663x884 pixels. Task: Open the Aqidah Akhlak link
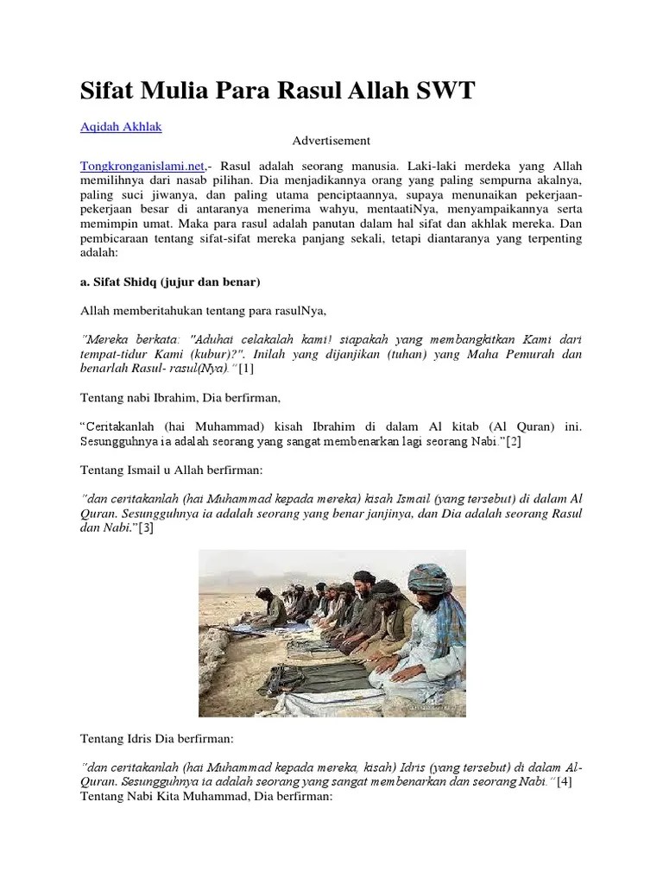(120, 126)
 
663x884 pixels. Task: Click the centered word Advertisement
(331, 140)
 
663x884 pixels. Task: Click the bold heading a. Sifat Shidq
(170, 281)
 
